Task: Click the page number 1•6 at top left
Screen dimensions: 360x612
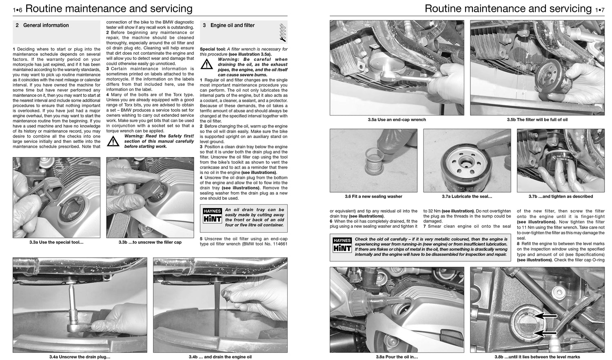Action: (18, 9)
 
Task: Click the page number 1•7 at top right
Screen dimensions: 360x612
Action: (599, 9)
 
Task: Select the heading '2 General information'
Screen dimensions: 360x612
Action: (42, 25)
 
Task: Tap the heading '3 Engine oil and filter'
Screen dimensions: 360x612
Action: (229, 25)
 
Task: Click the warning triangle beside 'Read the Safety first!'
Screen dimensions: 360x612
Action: (113, 141)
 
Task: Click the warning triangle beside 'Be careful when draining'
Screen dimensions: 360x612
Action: (206, 65)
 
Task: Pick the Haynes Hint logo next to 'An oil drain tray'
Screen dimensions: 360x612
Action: (212, 215)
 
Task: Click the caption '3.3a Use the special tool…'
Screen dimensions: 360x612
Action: (56, 242)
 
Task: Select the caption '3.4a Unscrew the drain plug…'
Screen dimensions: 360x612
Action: (80, 357)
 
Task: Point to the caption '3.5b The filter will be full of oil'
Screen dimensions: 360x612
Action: (537, 120)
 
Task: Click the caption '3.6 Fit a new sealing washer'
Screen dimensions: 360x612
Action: (373, 196)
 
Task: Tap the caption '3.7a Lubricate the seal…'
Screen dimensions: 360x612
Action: (467, 196)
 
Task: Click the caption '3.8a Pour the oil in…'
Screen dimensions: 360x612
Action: (397, 357)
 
